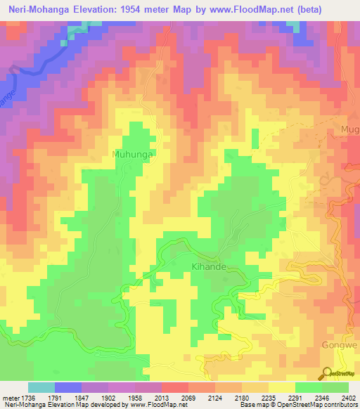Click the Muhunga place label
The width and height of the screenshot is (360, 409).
(x=132, y=153)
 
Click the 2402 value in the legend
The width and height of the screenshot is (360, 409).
(x=349, y=396)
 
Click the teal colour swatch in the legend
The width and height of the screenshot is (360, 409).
(x=41, y=387)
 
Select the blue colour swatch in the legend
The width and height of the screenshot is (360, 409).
(x=68, y=387)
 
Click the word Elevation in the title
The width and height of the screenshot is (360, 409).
(x=100, y=11)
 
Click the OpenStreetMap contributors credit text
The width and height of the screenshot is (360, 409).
(x=310, y=405)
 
